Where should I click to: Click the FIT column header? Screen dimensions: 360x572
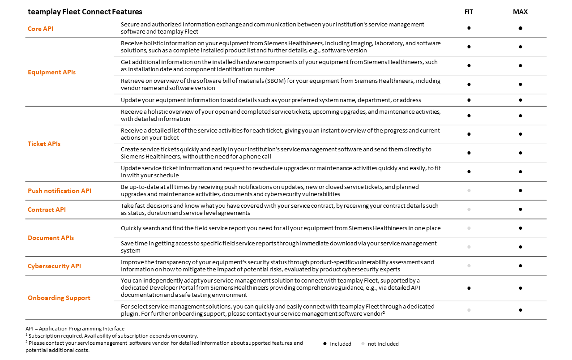click(x=469, y=12)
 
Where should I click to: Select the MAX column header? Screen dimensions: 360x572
click(x=520, y=12)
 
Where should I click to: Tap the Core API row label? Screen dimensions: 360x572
click(x=41, y=29)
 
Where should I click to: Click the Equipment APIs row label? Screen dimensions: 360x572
click(x=51, y=72)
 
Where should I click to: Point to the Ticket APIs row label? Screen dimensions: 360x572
click(x=44, y=144)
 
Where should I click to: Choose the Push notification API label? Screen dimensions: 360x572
click(x=60, y=191)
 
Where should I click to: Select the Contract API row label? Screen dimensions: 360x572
click(x=47, y=210)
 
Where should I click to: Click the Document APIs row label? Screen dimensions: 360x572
click(x=51, y=238)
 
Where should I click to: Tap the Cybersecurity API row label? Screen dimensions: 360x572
click(x=54, y=266)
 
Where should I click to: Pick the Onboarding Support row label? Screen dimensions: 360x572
click(x=59, y=298)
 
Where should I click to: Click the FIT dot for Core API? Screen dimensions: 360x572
click(x=469, y=28)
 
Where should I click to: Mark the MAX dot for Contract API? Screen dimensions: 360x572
click(x=521, y=209)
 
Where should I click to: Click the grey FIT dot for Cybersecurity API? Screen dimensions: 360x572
click(x=469, y=266)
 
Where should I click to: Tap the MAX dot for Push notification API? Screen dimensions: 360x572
click(x=521, y=190)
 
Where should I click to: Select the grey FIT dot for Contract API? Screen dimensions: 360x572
click(x=469, y=209)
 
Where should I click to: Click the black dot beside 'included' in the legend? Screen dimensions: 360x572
click(x=324, y=344)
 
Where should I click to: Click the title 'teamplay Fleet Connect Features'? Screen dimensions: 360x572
click(x=85, y=12)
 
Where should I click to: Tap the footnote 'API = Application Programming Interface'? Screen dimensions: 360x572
click(x=75, y=329)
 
